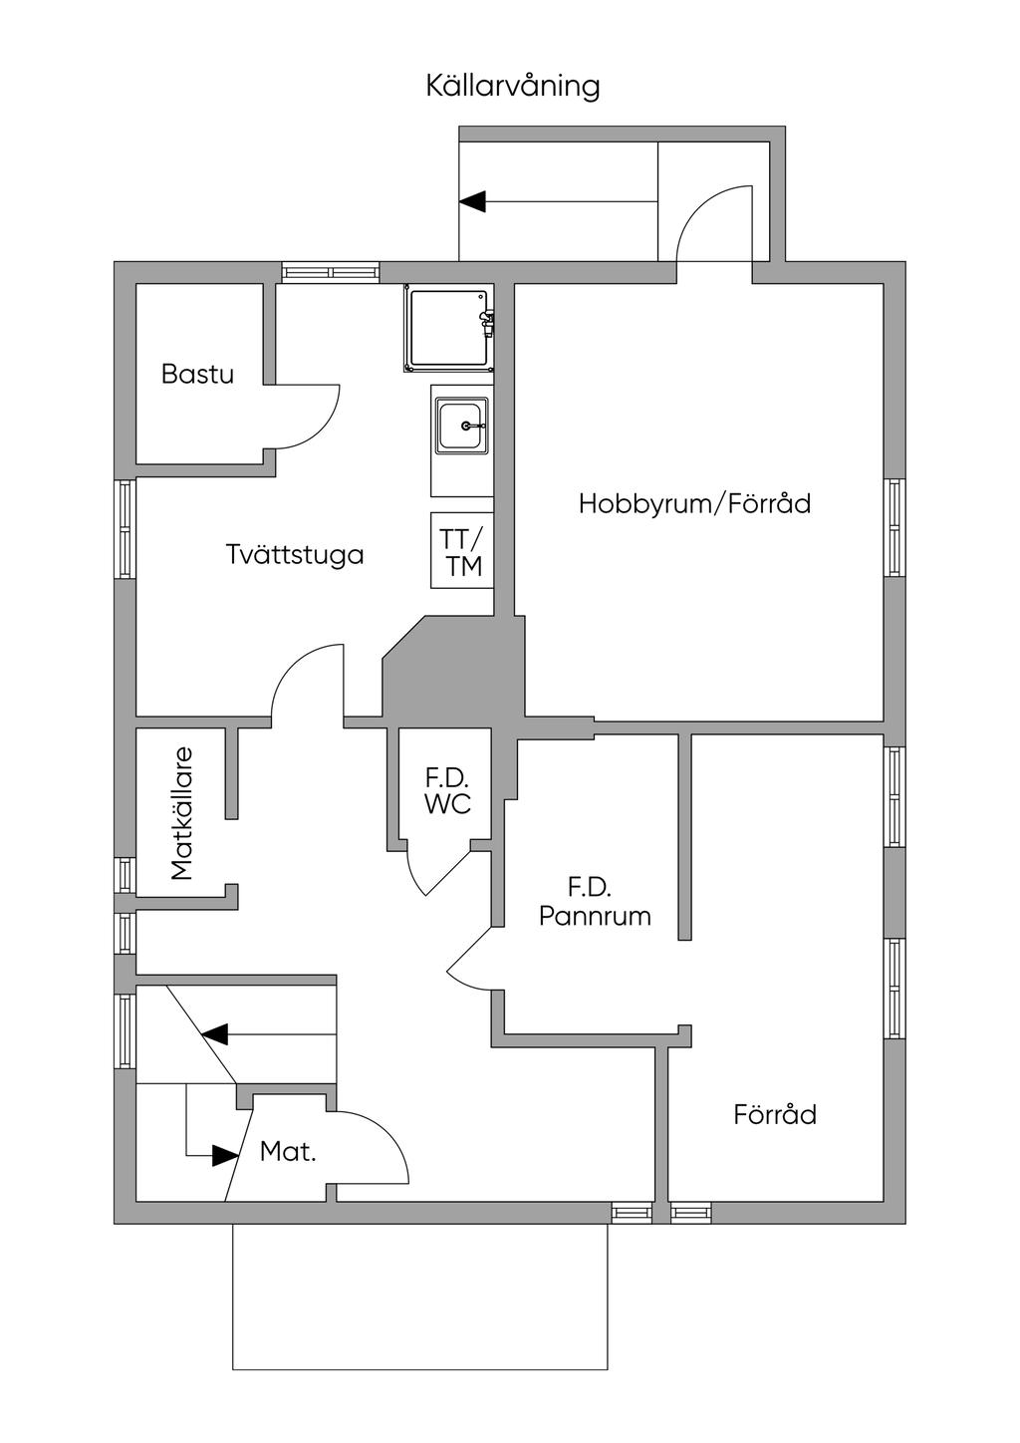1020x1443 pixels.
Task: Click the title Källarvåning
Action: [513, 86]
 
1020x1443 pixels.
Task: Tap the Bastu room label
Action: [197, 375]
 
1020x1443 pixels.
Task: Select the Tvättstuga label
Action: [295, 554]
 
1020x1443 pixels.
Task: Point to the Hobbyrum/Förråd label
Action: [694, 503]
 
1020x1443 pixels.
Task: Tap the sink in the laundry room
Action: [462, 426]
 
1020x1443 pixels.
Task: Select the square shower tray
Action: [448, 329]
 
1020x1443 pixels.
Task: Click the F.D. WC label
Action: [446, 791]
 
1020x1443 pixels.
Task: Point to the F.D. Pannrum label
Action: [594, 902]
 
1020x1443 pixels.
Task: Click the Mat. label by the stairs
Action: [288, 1153]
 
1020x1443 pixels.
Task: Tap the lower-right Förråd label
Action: [775, 1114]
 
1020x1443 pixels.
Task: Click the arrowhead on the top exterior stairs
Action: [472, 201]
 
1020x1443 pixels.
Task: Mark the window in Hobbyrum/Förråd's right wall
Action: [895, 527]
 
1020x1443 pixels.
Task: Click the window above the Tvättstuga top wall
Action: [331, 272]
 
